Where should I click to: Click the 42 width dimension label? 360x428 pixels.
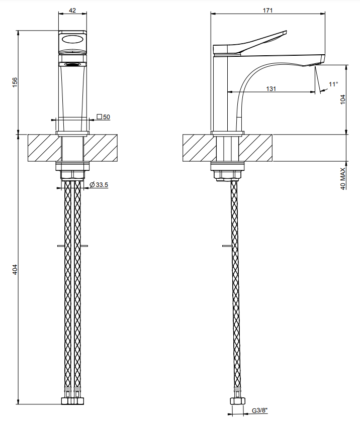pyautogui.click(x=72, y=11)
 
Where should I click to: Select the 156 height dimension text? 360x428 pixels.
pyautogui.click(x=15, y=82)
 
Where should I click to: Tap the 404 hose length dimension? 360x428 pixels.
pyautogui.click(x=15, y=269)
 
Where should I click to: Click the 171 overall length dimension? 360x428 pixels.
pyautogui.click(x=267, y=11)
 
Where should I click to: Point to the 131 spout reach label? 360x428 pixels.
pyautogui.click(x=271, y=88)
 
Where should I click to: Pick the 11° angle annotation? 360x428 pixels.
pyautogui.click(x=333, y=84)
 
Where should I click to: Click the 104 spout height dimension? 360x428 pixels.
pyautogui.click(x=343, y=99)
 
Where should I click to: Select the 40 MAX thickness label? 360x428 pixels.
pyautogui.click(x=343, y=178)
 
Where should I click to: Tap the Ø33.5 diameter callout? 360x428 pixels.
pyautogui.click(x=99, y=185)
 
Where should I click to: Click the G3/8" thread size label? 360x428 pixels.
pyautogui.click(x=259, y=410)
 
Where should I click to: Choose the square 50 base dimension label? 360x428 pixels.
pyautogui.click(x=104, y=117)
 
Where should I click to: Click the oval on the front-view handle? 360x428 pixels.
pyautogui.click(x=73, y=40)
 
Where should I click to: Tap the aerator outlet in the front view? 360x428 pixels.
pyautogui.click(x=73, y=64)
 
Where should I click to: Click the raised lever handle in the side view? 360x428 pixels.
pyautogui.click(x=250, y=42)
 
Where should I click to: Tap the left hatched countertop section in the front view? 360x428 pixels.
pyautogui.click(x=45, y=148)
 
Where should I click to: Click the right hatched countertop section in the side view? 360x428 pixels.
pyautogui.click(x=255, y=148)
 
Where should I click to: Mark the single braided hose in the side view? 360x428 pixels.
pyautogui.click(x=235, y=287)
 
